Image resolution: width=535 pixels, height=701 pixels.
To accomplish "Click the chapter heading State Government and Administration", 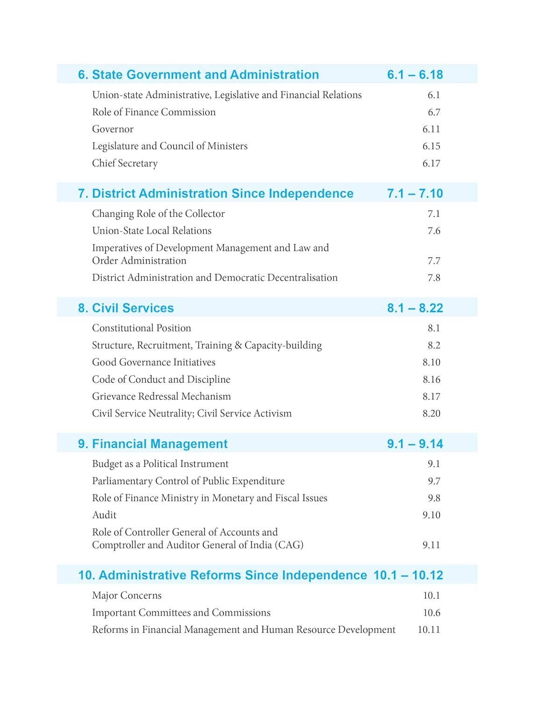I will point(199,75).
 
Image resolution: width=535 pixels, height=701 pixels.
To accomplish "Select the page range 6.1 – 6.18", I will point(415,75).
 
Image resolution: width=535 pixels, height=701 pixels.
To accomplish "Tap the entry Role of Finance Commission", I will point(154,112).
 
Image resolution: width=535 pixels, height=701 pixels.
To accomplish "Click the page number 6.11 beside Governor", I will point(431,129).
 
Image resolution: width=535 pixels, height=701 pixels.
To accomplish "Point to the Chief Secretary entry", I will point(125,164).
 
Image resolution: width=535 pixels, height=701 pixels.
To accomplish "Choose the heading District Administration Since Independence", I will point(216,193).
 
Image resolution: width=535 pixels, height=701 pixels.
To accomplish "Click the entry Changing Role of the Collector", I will point(158,214).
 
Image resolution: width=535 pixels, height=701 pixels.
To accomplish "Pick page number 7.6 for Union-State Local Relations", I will point(434,231).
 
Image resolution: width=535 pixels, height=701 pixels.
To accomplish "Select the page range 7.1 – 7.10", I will point(415,193).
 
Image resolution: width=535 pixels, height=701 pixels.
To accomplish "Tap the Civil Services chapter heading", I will point(126,308).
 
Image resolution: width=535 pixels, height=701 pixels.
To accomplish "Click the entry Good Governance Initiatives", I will point(154,363).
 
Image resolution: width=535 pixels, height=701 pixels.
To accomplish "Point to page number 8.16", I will point(431,379).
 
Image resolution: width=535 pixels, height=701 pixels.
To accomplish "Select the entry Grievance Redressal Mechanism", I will point(161,397).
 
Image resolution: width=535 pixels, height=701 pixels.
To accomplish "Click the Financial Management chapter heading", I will point(153,444).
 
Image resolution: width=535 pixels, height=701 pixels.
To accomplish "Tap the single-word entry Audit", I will point(104,515).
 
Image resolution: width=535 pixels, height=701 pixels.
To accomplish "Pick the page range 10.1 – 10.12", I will point(408,575).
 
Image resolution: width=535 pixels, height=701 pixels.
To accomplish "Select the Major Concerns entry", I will point(127,596).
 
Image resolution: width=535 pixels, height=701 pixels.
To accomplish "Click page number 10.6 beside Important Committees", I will point(432,613).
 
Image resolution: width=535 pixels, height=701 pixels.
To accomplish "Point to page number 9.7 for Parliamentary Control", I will point(434,481).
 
